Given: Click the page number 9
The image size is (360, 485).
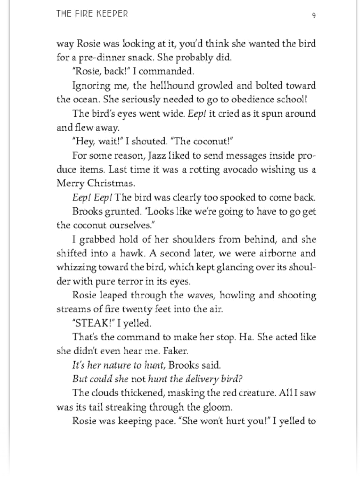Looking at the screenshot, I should [x=314, y=15].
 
